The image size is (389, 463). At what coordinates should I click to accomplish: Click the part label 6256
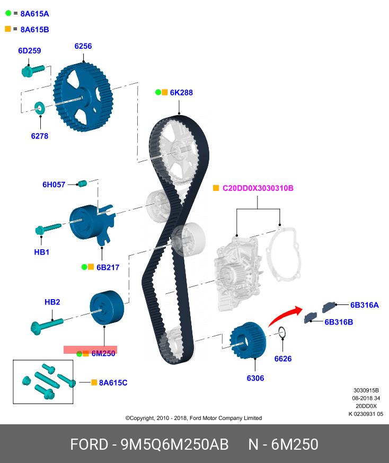click(83, 46)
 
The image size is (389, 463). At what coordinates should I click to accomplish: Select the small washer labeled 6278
click(39, 109)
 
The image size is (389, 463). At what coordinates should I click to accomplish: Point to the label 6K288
click(181, 92)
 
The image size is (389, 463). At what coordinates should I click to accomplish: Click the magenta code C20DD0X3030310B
click(258, 188)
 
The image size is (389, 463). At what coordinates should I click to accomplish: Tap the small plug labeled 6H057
click(82, 184)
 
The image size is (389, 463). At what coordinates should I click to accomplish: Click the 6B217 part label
click(108, 267)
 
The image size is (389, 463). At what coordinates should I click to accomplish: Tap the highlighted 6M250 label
click(103, 354)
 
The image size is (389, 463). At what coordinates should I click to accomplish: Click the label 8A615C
click(113, 382)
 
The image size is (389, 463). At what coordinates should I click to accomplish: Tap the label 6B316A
click(364, 305)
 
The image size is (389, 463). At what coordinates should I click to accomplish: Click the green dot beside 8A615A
click(8, 13)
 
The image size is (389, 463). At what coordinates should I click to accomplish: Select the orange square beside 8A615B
click(8, 29)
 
